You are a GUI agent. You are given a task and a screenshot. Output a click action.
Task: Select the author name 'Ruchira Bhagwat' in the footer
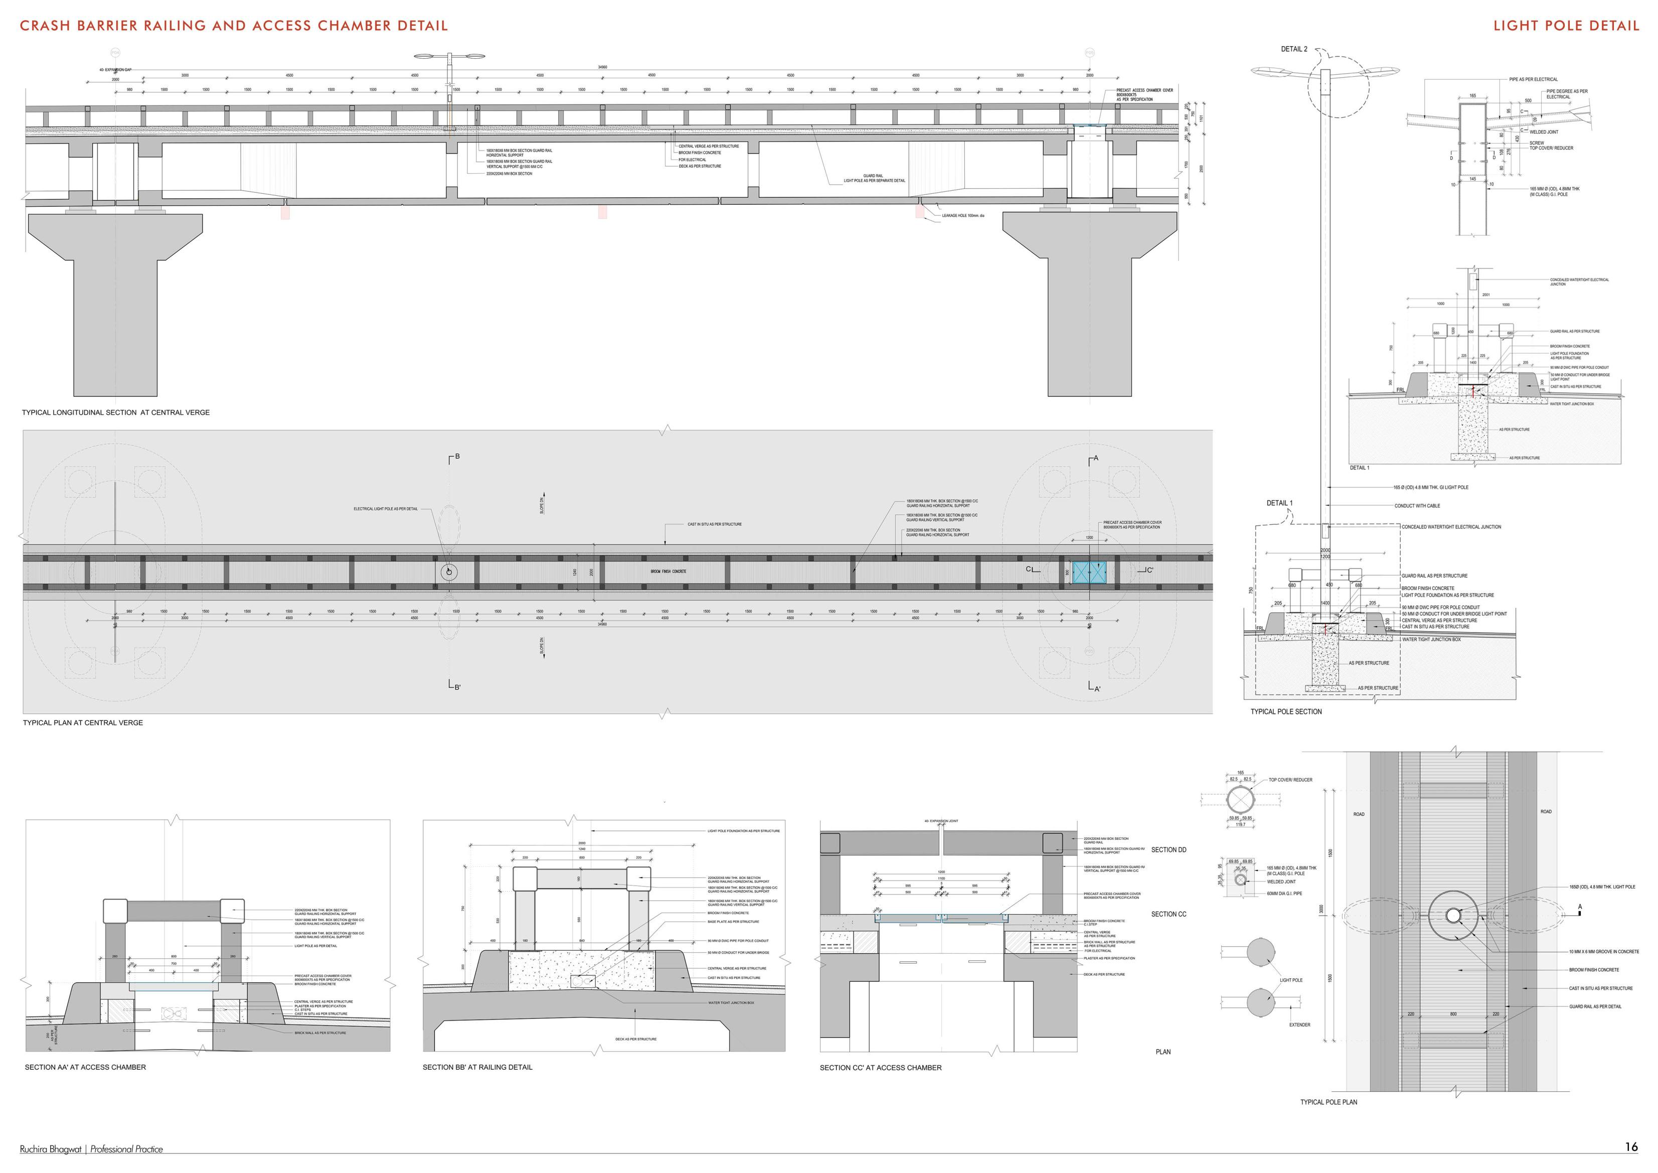(x=51, y=1149)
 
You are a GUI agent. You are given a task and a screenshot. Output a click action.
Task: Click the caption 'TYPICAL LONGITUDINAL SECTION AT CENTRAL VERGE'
(x=115, y=412)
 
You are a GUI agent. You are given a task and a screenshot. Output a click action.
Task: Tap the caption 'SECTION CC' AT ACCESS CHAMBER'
(x=880, y=1068)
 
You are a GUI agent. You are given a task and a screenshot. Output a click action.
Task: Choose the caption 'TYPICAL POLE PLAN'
(x=1329, y=1102)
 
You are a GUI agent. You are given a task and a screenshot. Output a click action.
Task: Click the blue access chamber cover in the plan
(x=1089, y=571)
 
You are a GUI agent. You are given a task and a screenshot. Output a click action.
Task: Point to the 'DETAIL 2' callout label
(x=1294, y=49)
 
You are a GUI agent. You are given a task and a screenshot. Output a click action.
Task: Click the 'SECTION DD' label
(x=1169, y=849)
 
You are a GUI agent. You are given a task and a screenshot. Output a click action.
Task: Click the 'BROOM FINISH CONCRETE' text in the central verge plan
(x=668, y=571)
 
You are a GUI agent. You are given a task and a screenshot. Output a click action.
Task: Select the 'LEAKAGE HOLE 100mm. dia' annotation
(x=962, y=215)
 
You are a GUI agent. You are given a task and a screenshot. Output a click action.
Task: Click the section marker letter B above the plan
(x=456, y=457)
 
